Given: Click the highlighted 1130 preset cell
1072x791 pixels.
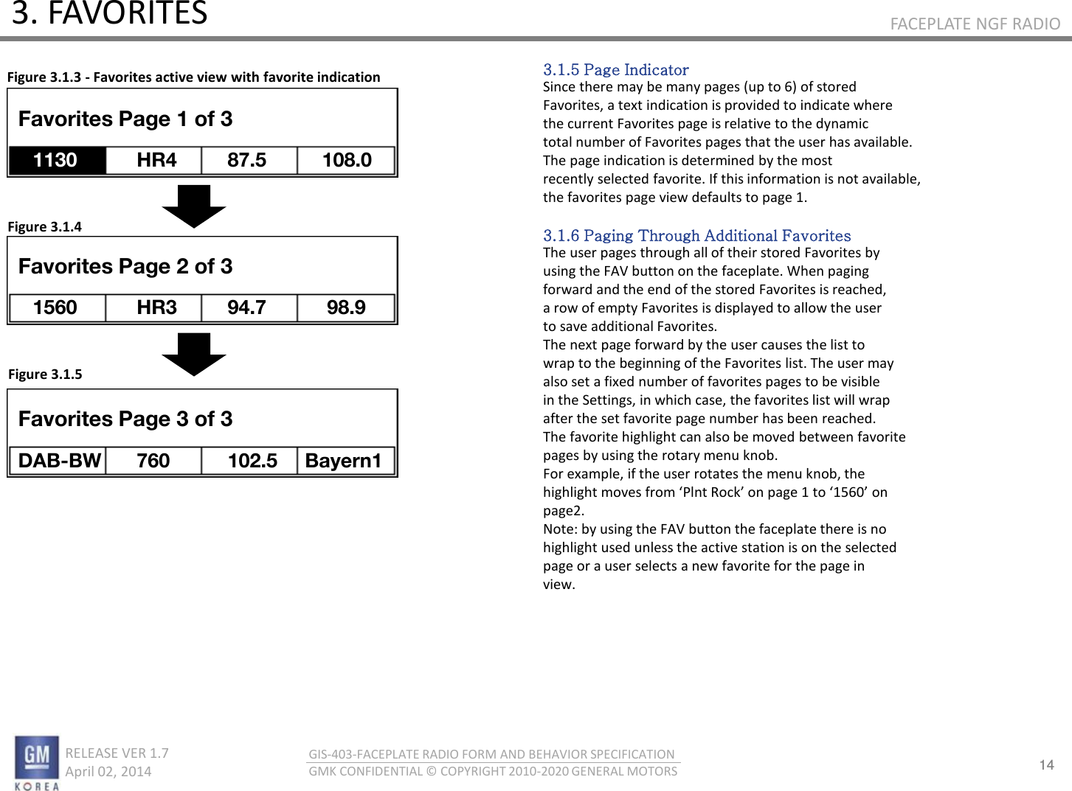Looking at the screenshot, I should coord(57,160).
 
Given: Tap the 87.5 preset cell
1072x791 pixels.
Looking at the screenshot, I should coord(249,160).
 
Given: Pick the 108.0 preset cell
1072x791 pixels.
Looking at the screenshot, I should coord(346,160).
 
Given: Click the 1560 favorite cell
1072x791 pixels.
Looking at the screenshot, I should coord(57,307).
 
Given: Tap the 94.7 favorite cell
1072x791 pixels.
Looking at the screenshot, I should coord(249,307).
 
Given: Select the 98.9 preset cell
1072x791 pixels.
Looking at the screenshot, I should coord(346,307).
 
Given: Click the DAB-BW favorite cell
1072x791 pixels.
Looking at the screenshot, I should coord(58,461).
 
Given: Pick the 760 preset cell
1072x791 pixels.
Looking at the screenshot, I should coord(153,461).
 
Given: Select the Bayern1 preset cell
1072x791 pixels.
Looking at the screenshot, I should coord(345,461).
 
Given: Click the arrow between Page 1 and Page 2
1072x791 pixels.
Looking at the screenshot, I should coord(194,206).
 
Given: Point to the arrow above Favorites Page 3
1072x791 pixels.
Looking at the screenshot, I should coord(194,354).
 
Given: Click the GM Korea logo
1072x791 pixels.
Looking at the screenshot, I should coord(37,762).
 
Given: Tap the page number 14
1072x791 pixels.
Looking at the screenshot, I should coord(1046,764).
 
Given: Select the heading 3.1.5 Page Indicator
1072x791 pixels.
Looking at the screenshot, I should coord(615,70).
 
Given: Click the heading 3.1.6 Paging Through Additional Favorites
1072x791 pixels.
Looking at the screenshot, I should coord(696,236).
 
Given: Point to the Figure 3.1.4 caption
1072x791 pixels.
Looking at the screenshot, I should coord(44,226).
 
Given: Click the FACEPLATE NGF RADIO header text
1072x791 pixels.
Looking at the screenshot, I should coord(975,24).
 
